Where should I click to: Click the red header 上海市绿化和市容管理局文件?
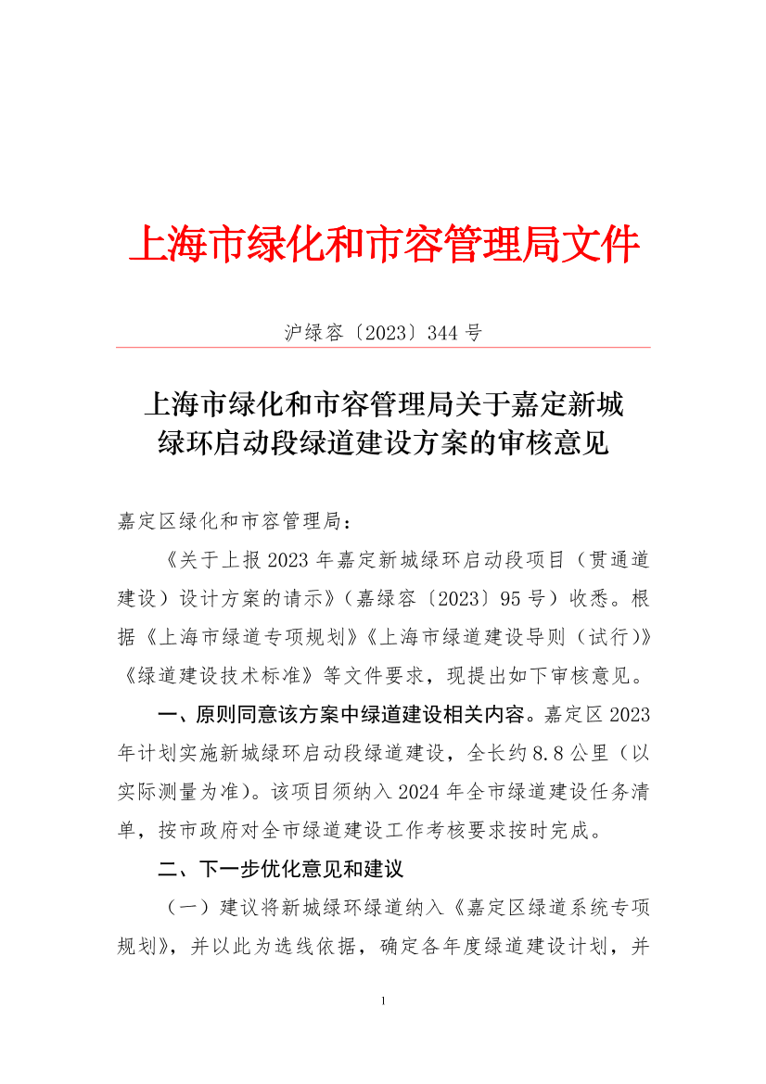coord(383,244)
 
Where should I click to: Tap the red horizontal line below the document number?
coord(383,348)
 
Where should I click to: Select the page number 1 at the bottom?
coord(383,1001)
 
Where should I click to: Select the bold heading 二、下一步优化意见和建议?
coord(280,871)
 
